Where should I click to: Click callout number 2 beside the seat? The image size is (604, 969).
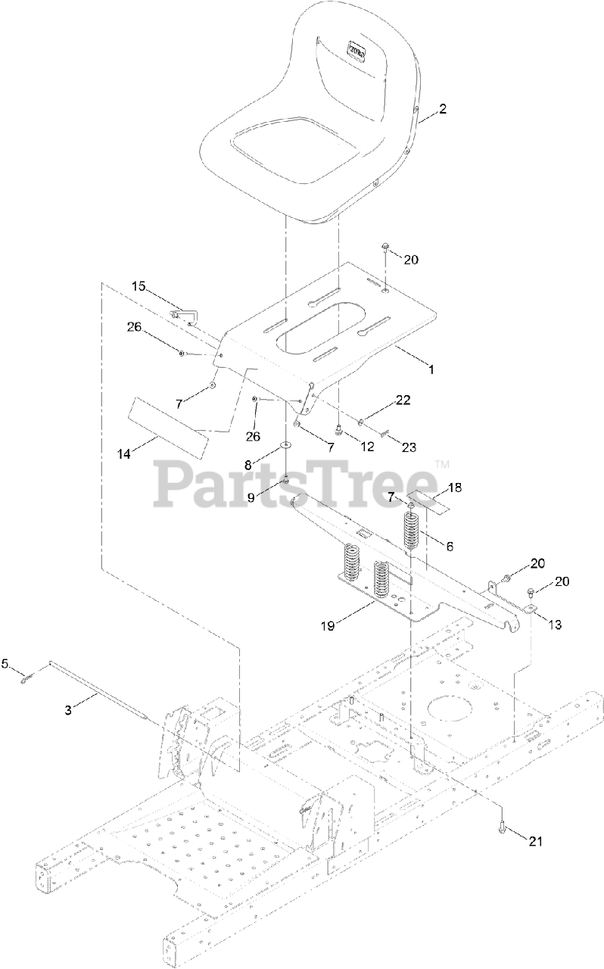pyautogui.click(x=443, y=109)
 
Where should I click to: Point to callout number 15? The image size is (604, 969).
pyautogui.click(x=139, y=286)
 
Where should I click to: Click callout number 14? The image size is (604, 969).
pyautogui.click(x=124, y=453)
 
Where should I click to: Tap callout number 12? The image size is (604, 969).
pyautogui.click(x=367, y=447)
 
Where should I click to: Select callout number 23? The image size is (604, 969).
pyautogui.click(x=409, y=447)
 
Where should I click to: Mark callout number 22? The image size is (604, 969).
pyautogui.click(x=403, y=400)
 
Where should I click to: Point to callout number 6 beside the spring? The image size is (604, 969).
pyautogui.click(x=450, y=545)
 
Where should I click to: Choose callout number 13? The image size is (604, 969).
pyautogui.click(x=556, y=625)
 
